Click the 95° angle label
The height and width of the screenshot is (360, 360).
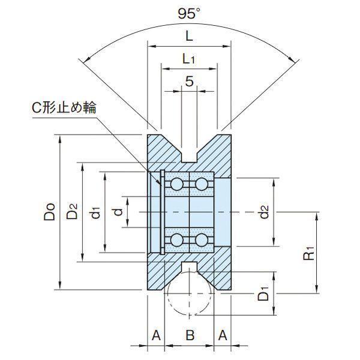click(189, 14)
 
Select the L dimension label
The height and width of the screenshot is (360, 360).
click(189, 36)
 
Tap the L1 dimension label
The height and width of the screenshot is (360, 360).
click(188, 59)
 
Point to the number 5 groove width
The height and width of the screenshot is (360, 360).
click(189, 81)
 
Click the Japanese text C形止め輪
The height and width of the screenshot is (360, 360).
click(64, 107)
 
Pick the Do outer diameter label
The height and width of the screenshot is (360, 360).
click(50, 212)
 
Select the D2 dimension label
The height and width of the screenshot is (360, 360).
click(72, 212)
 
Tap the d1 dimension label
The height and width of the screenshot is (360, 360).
click(95, 212)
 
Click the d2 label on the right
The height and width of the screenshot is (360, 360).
click(263, 212)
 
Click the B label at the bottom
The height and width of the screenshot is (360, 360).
click(190, 335)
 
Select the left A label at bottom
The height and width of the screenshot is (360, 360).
click(156, 335)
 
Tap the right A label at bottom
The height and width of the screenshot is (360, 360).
click(222, 335)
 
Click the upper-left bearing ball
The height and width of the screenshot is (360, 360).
click(177, 184)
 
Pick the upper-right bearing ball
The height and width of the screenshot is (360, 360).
click(202, 184)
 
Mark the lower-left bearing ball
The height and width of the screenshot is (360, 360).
click(177, 240)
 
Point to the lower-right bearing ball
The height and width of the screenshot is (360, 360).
click(202, 240)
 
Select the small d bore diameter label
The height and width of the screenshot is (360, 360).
click(118, 212)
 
